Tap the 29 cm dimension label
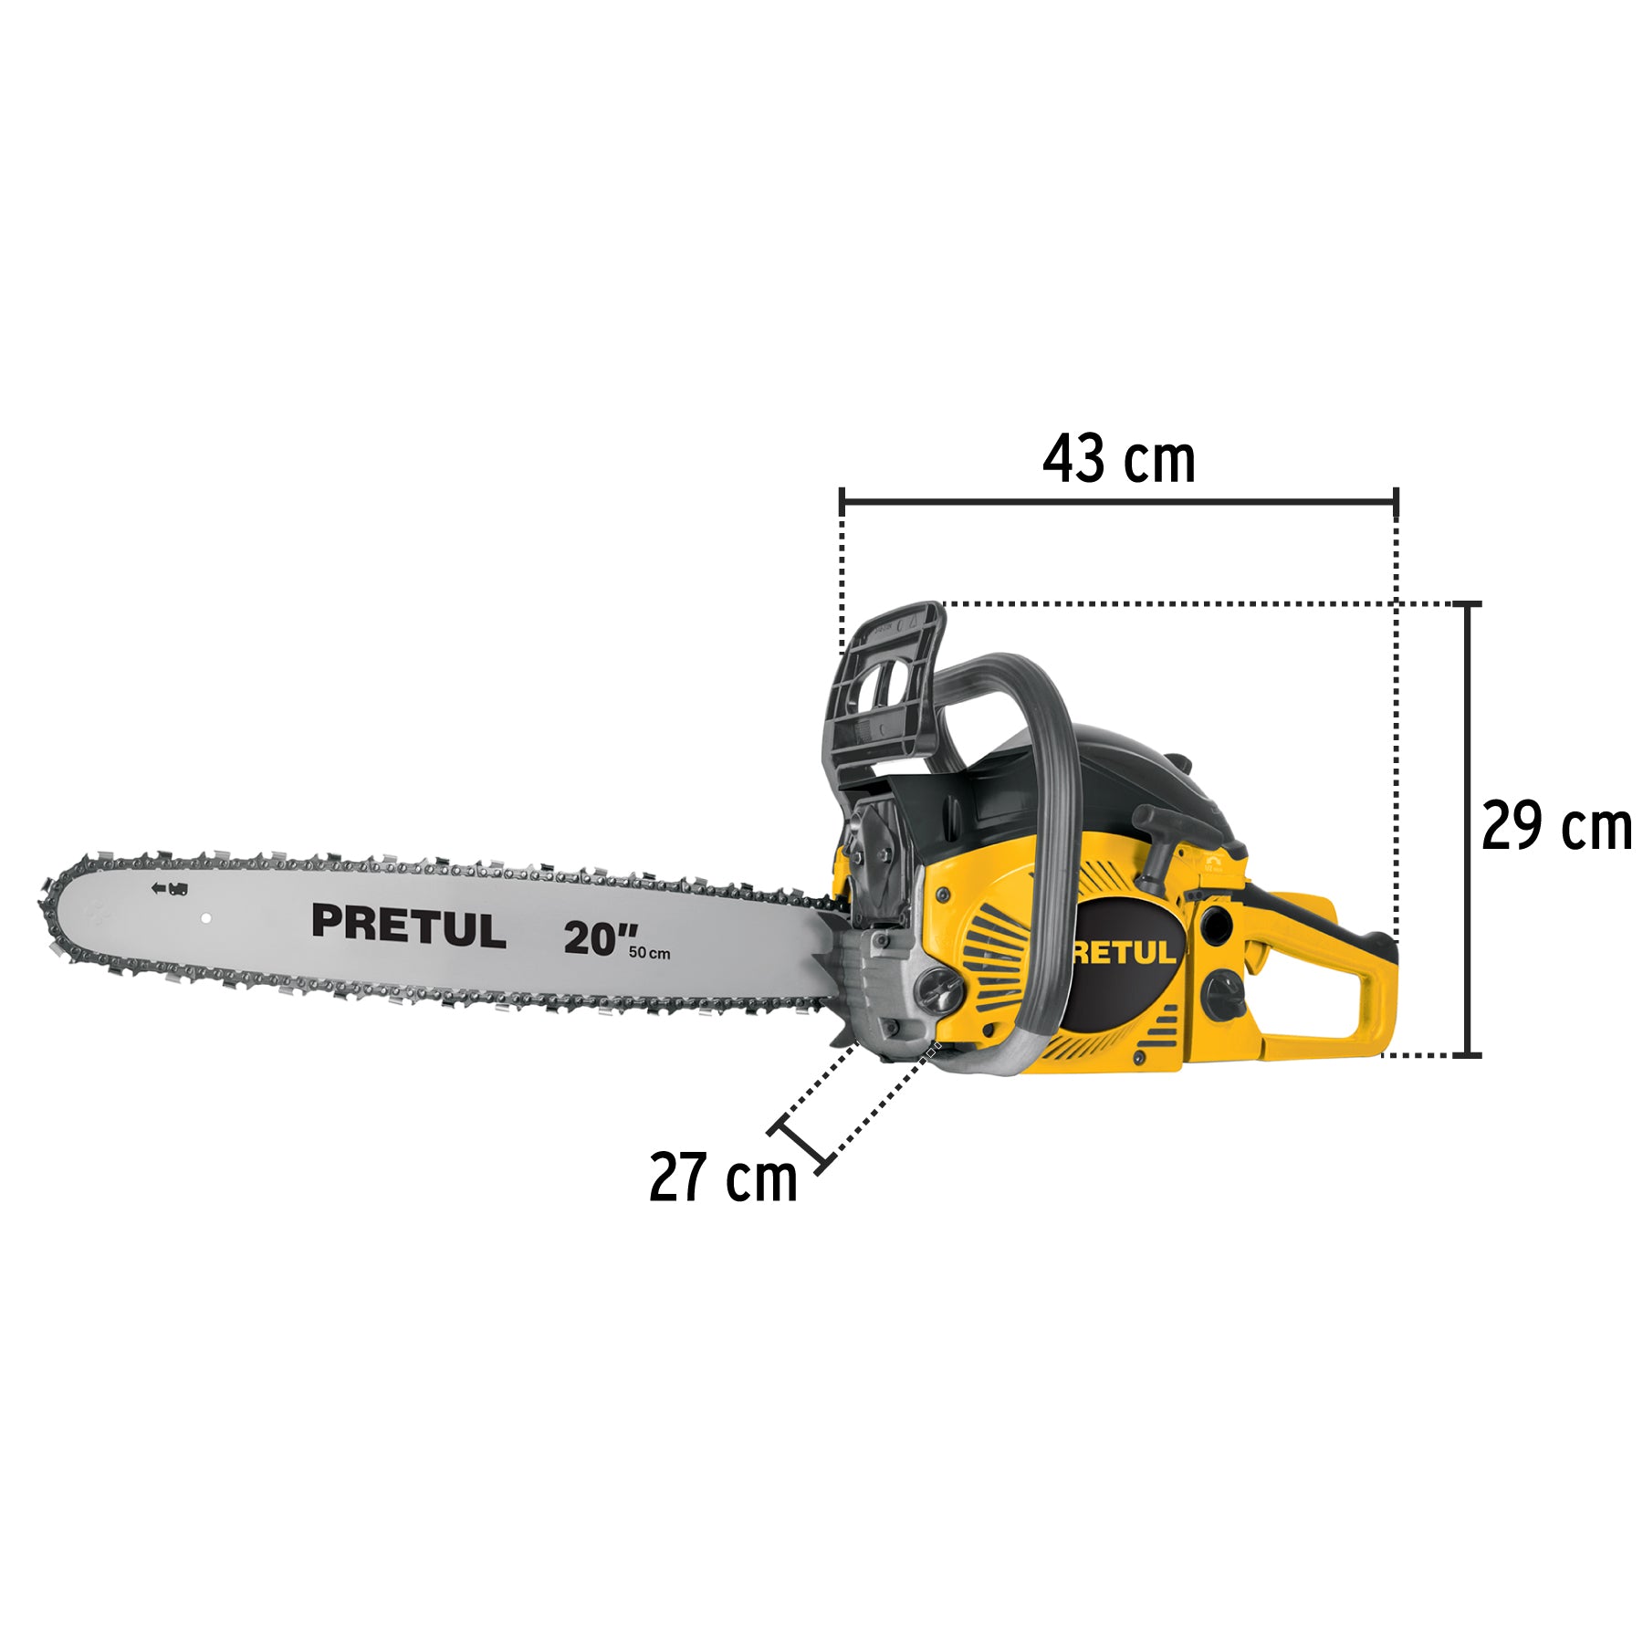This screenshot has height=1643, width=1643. tap(1556, 826)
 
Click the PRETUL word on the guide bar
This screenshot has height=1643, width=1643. tap(408, 926)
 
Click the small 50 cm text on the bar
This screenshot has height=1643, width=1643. tap(649, 953)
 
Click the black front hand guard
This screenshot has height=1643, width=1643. tap(884, 694)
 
